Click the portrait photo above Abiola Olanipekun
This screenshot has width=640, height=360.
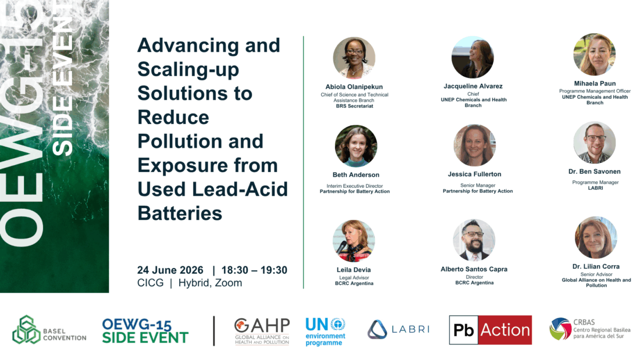click(354, 58)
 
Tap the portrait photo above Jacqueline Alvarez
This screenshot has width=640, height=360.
click(472, 57)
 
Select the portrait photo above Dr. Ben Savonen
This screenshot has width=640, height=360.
click(594, 142)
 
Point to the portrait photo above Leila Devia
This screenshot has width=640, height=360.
click(354, 241)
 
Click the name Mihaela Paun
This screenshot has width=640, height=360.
click(595, 83)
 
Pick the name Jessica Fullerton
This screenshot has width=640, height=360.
click(474, 174)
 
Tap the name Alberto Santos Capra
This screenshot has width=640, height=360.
click(474, 269)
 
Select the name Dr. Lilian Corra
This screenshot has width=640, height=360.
click(596, 266)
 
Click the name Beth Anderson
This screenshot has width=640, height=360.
click(356, 174)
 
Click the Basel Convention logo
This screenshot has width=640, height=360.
click(49, 329)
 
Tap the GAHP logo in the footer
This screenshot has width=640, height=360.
click(262, 331)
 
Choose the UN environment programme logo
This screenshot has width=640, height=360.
click(325, 332)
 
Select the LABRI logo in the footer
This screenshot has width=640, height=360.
click(399, 329)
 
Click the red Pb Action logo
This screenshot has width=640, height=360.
click(490, 330)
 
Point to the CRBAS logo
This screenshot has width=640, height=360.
click(590, 329)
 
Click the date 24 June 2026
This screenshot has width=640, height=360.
click(170, 270)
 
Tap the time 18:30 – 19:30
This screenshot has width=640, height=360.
click(254, 270)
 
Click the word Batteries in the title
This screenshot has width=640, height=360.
click(180, 213)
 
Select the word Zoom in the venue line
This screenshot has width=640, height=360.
click(229, 283)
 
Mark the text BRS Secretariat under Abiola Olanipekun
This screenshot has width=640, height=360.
click(354, 106)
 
